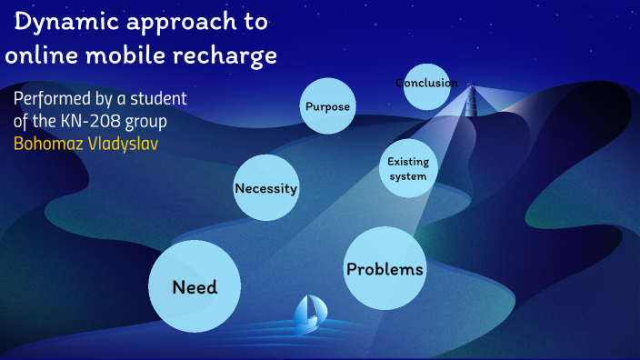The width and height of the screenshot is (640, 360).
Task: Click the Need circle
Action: pos(195,287)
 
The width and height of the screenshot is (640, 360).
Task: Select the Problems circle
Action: pos(385,269)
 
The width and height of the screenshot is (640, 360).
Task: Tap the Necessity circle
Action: pos(266,188)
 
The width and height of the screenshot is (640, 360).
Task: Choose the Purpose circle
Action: pos(327,106)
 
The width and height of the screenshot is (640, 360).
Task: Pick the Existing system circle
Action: pos(407,168)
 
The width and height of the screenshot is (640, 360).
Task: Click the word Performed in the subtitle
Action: pos(53,99)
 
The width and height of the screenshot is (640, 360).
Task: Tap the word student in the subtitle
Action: pos(163,99)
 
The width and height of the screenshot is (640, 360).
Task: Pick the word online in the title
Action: pos(37,55)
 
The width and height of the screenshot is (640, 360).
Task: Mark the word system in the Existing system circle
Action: pos(407,175)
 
